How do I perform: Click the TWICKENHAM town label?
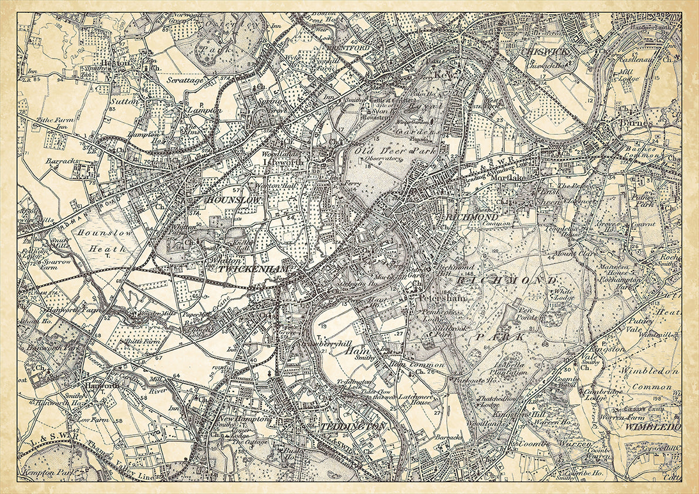tap(254, 269)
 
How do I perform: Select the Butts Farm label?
tap(131, 340)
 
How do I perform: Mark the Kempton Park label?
tap(40, 472)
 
